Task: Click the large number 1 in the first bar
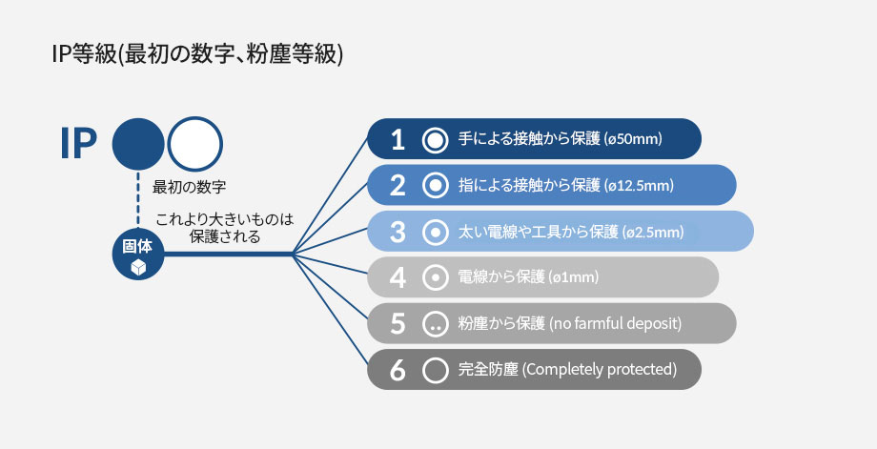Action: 398,139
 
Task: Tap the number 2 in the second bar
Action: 398,185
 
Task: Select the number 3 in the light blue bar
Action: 398,232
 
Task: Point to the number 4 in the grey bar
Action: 398,277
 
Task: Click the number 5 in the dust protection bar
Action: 398,324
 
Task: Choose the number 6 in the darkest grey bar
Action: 398,370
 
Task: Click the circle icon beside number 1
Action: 435,139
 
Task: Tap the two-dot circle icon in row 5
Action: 435,324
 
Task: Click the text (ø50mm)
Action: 633,139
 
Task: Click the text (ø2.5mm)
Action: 653,232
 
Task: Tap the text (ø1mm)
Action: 574,277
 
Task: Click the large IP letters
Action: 78,144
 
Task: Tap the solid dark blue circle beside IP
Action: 138,144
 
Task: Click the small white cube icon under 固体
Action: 138,268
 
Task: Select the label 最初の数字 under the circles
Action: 189,187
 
